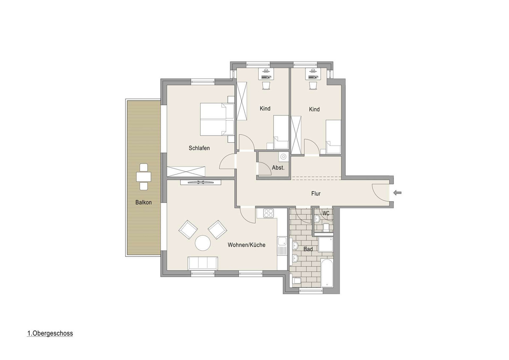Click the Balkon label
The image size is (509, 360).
(143, 202)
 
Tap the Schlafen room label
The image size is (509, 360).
(199, 148)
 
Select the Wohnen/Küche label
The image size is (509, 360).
(246, 245)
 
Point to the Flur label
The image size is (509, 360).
(316, 194)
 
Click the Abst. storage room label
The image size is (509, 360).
(278, 168)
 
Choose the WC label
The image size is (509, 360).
(326, 213)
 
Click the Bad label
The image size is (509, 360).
(308, 249)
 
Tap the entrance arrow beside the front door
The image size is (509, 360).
(397, 193)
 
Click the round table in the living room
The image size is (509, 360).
(203, 243)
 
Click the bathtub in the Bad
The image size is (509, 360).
(327, 273)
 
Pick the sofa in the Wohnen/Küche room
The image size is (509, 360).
(203, 263)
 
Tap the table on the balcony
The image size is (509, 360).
(144, 177)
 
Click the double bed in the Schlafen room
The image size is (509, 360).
(217, 119)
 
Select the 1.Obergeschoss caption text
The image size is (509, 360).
(50, 333)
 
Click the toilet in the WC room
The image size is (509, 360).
(326, 227)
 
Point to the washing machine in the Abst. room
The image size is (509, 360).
(283, 157)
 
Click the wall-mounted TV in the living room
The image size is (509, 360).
(200, 182)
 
